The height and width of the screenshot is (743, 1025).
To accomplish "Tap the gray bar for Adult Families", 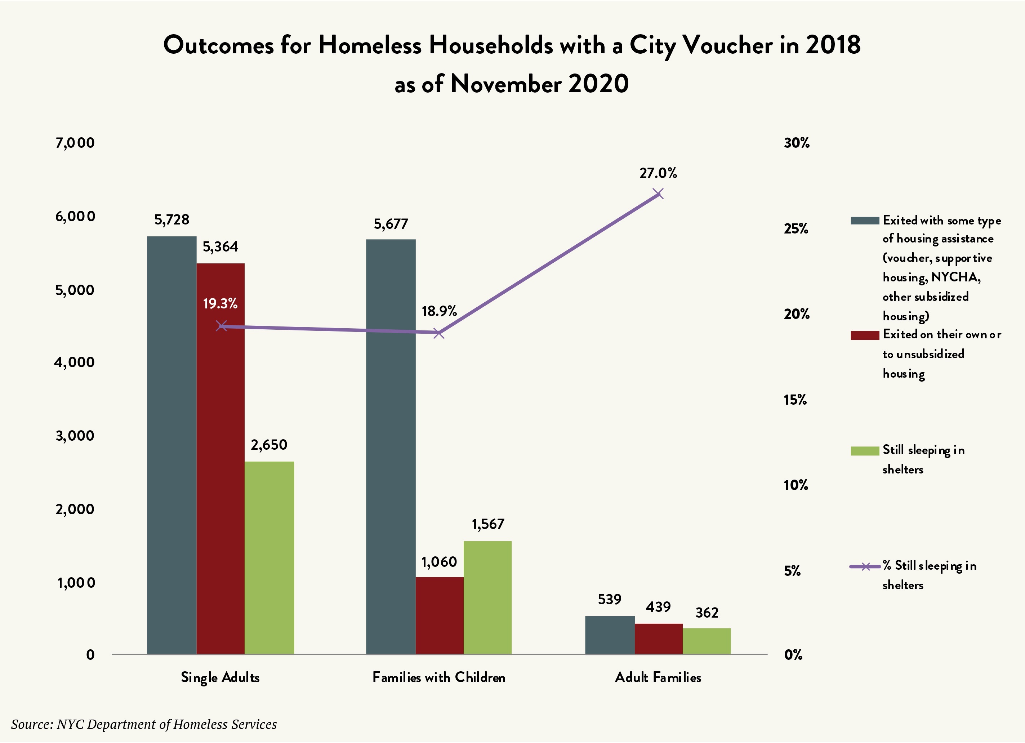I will (x=610, y=635).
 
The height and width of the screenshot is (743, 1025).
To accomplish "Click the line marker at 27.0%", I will (x=659, y=194).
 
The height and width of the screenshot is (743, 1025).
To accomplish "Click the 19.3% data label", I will (x=220, y=303).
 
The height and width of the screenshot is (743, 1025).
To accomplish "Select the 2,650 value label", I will (x=269, y=445).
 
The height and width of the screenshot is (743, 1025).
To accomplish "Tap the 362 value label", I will (x=707, y=613).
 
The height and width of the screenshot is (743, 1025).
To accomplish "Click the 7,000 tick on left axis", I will (x=75, y=143).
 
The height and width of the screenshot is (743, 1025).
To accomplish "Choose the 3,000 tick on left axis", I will (x=75, y=436).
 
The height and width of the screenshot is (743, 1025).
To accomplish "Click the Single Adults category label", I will (x=220, y=677).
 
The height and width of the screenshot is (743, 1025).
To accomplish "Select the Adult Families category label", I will (x=658, y=677).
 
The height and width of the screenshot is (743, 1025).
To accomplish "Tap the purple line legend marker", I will (x=865, y=566).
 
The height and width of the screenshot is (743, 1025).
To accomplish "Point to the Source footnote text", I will (x=144, y=724).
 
